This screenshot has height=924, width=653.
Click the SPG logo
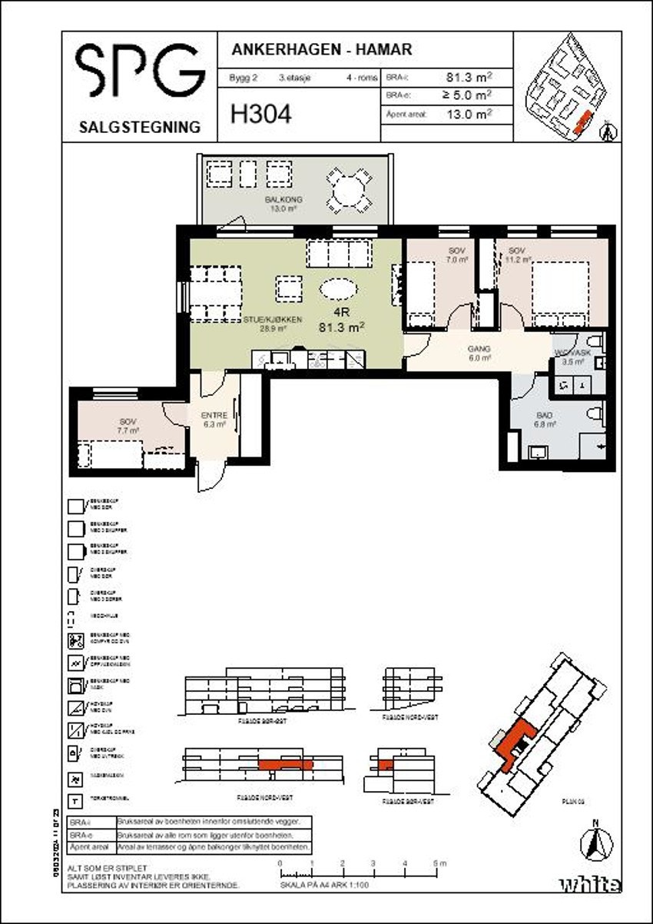click(140, 71)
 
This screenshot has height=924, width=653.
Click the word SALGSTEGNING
click(140, 127)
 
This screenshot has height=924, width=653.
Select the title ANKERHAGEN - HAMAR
click(322, 50)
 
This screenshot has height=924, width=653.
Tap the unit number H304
click(261, 115)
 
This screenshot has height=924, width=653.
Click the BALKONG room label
click(283, 200)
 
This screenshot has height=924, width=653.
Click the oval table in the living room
click(338, 290)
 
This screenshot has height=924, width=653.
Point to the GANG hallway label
click(479, 348)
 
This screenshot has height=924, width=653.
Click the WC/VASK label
click(573, 353)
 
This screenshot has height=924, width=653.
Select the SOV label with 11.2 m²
click(515, 251)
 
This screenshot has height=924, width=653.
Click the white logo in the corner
click(589, 884)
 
